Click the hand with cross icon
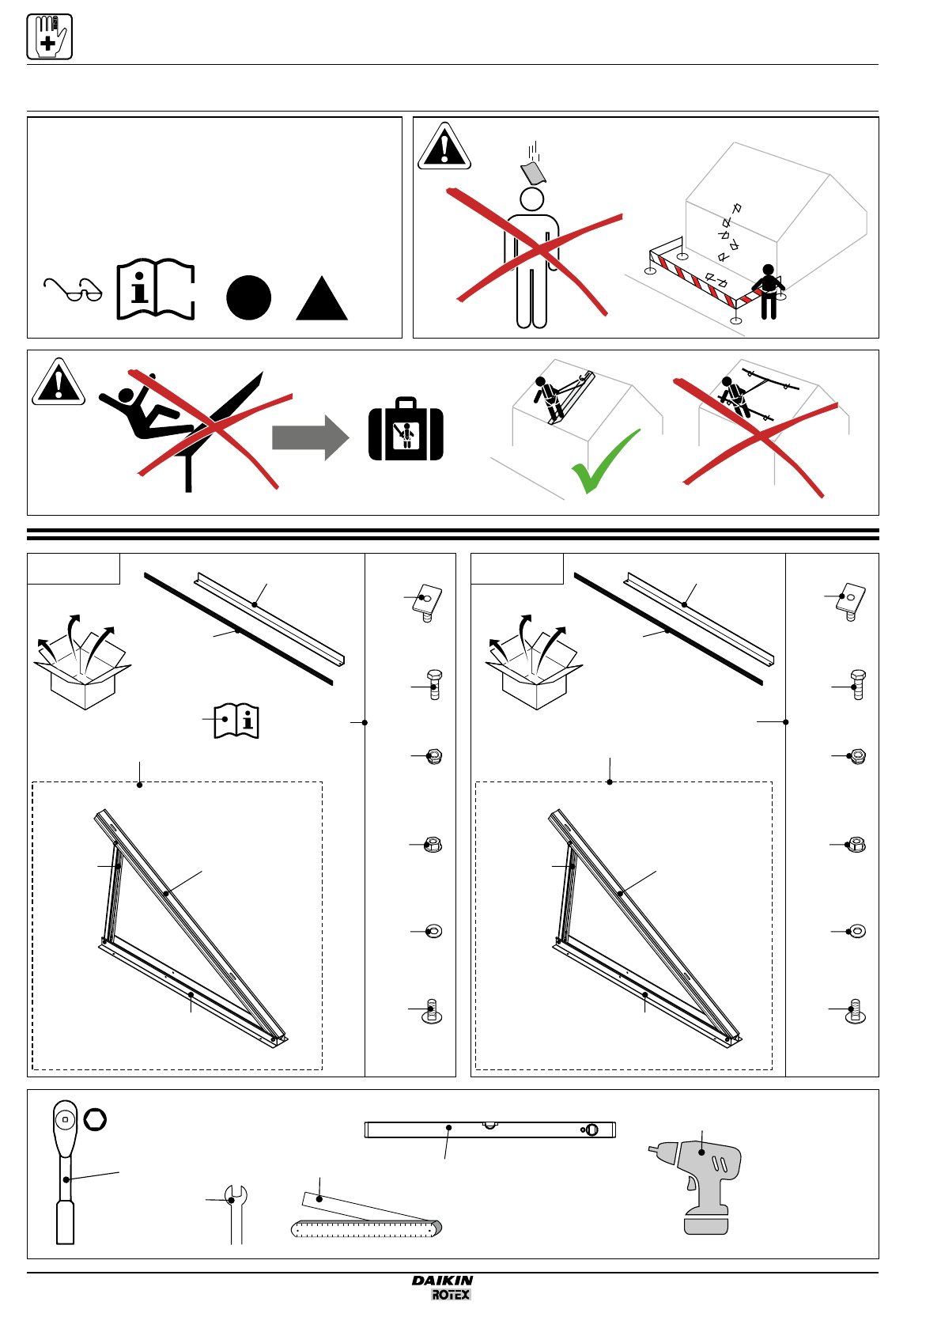pos(49,36)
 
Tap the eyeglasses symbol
pos(73,290)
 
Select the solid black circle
pos(248,297)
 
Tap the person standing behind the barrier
pos(768,291)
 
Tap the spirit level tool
pos(489,1130)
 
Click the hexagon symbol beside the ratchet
pos(95,1119)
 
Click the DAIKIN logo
pos(442,1281)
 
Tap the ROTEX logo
pos(451,1295)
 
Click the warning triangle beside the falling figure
pos(59,383)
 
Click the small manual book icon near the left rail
pos(236,721)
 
